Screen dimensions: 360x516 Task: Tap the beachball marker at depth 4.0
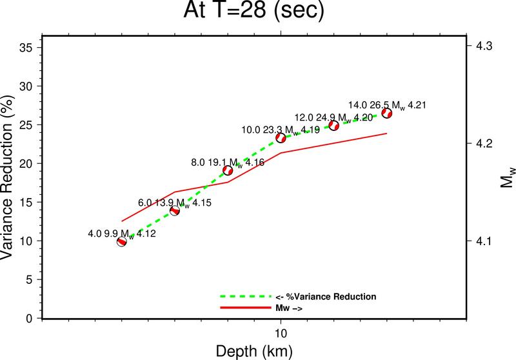(x=121, y=241)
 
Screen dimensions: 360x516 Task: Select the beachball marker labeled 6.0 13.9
(x=174, y=210)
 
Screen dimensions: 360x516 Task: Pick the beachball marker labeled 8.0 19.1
(x=227, y=170)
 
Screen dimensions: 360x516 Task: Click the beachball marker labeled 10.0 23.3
(x=281, y=137)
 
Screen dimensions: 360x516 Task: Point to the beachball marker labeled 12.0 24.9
(x=334, y=125)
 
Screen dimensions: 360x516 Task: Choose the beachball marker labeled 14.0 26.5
(x=387, y=113)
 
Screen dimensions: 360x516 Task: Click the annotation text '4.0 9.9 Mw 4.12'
(x=121, y=233)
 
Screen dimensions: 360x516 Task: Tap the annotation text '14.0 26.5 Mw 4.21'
(x=387, y=105)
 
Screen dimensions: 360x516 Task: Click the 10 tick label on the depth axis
(x=281, y=334)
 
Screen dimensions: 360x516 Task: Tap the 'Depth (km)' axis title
(x=254, y=350)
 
